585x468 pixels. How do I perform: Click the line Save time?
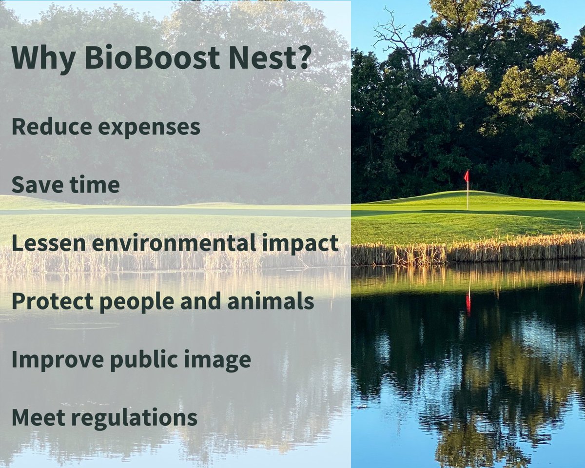(x=65, y=185)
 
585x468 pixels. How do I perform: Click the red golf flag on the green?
(x=467, y=176)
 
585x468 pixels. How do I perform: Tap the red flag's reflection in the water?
(x=468, y=303)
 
